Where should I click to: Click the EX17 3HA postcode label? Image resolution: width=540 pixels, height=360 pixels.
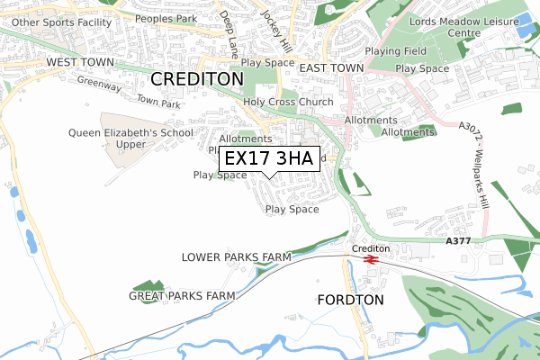coord(268,159)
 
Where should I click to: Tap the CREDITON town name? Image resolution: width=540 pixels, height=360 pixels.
coord(197,79)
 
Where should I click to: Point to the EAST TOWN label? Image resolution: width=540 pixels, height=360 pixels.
coord(330,67)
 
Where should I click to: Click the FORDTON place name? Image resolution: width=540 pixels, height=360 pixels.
coord(351,299)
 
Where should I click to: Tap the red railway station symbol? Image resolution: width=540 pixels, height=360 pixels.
coord(370,259)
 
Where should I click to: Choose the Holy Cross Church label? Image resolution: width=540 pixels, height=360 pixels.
coord(288,102)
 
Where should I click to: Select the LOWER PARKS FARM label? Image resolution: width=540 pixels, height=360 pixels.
coord(236,257)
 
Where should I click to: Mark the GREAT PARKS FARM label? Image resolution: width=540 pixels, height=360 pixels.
coord(182,295)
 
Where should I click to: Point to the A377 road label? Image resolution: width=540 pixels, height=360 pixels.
coord(457,241)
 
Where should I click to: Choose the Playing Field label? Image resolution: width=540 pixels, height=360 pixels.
coord(396,51)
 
